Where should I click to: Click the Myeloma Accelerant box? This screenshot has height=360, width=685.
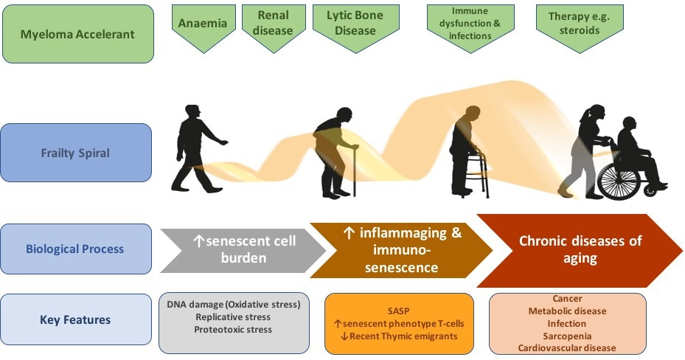pyautogui.click(x=78, y=33)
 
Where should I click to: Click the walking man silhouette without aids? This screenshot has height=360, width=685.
pyautogui.click(x=195, y=151)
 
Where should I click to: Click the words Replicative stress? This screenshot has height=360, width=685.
pyautogui.click(x=233, y=317)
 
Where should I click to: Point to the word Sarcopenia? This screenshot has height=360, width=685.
pyautogui.click(x=567, y=335)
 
